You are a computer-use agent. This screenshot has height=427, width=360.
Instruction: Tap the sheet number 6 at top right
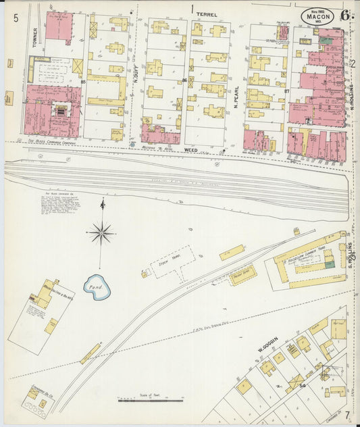(345, 16)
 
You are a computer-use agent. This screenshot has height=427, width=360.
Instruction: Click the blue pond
(97, 288)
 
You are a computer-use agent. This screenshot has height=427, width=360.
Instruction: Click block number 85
(83, 82)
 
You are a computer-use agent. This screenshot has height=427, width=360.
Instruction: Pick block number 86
(184, 80)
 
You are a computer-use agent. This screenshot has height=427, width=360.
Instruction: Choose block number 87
(286, 90)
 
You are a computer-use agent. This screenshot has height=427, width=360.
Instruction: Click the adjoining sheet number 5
(16, 18)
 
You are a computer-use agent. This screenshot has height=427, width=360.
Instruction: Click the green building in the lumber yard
(329, 263)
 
